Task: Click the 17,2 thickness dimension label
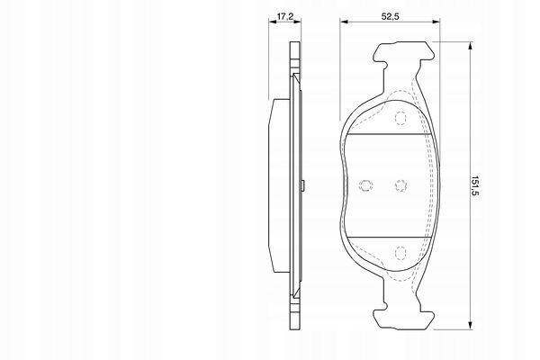pos(285,16)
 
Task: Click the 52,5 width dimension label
pos(391,16)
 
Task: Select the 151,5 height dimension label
pos(475,185)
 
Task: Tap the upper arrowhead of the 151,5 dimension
pos(470,47)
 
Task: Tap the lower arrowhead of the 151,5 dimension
pos(470,325)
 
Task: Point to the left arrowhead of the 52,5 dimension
pos(345,22)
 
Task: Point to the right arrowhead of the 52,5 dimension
pos(436,22)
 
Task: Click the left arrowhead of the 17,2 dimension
pos(273,22)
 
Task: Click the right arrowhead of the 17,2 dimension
pos(297,22)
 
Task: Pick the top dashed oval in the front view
pos(400,118)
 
